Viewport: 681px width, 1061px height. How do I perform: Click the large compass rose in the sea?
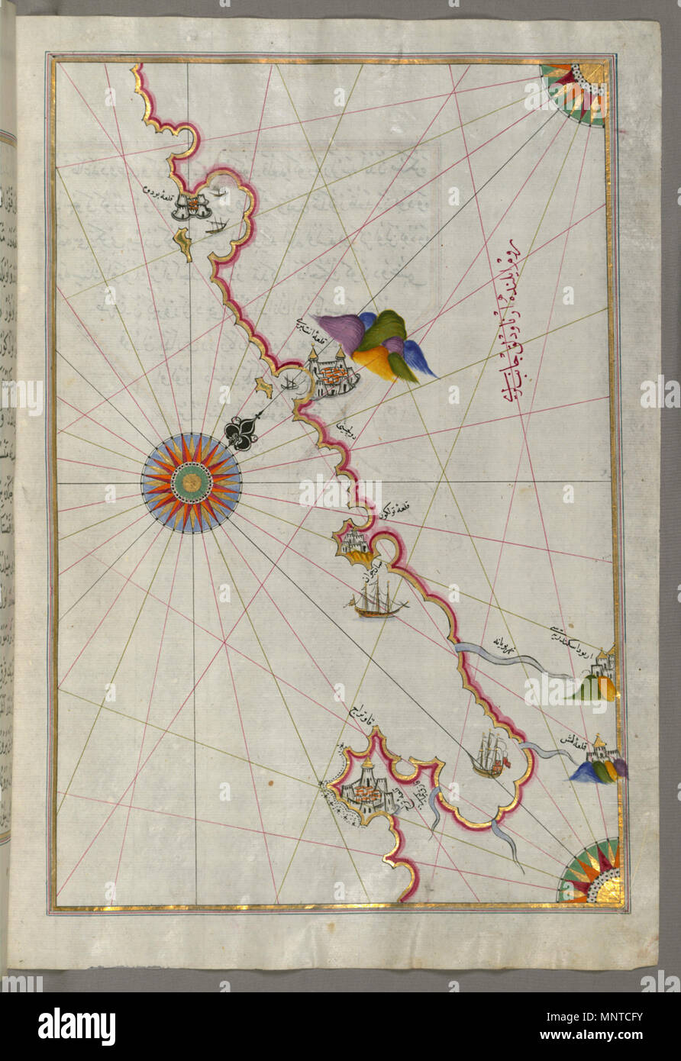point(191,482)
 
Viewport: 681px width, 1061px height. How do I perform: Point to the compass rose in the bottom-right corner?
point(592,873)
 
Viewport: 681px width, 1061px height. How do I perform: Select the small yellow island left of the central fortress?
point(263,388)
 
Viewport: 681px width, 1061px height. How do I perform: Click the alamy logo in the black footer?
point(76,1027)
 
